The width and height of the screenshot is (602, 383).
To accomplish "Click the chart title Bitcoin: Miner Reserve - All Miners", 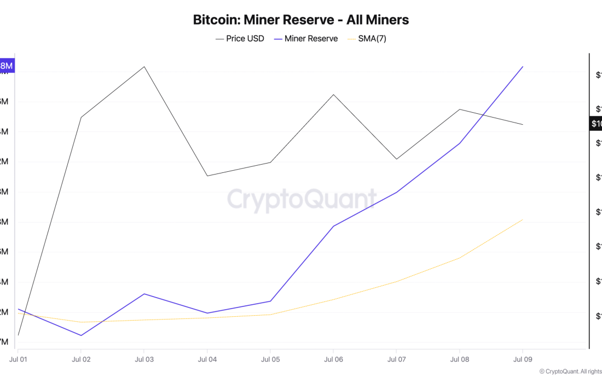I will pos(301,20).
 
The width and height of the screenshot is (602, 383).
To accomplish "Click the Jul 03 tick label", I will pos(144,359).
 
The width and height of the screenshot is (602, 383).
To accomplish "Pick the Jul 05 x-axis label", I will pos(270,359).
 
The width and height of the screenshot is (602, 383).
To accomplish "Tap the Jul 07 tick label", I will pos(396,359).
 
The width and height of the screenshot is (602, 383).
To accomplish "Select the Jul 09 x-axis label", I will pos(523,359).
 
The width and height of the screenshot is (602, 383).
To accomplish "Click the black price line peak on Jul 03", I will pos(144,67).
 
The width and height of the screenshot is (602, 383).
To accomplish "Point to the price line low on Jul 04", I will pos(207,176).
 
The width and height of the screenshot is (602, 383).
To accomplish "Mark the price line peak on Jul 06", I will pos(333,95).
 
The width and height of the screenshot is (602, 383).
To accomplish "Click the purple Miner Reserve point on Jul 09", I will pos(523,67).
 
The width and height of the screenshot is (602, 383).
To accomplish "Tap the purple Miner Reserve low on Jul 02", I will pos(81,335).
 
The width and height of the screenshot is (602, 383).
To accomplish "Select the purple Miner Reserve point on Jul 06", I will pos(333,226).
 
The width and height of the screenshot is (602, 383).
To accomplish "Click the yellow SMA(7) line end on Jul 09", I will pos(523,219).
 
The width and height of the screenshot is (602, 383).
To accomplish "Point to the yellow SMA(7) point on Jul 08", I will pos(460,257).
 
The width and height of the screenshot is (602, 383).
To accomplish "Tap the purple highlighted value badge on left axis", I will pos(7,66).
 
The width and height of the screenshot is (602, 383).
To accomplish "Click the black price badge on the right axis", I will pos(596,124).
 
